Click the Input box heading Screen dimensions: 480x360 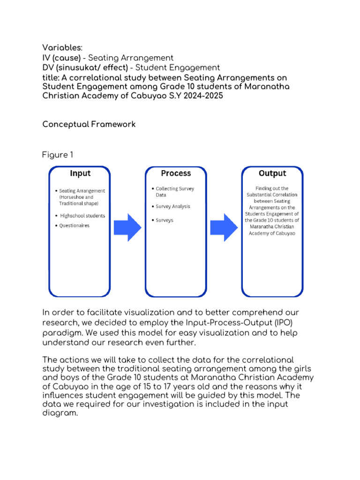[x=80, y=173]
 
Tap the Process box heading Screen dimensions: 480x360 [x=176, y=173]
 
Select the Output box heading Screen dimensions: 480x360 [x=272, y=173]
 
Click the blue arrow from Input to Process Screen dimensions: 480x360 [x=128, y=227]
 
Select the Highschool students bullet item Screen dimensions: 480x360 [x=82, y=216]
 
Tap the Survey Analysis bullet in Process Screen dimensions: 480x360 [x=172, y=206]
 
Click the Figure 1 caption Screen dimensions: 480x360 [x=58, y=155]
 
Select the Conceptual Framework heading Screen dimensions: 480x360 [x=89, y=124]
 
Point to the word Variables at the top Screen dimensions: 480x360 [x=62, y=48]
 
